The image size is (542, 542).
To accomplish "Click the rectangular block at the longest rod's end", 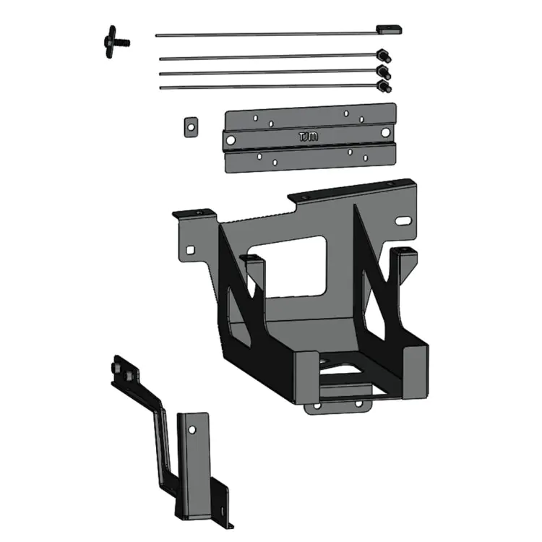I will tap(388, 30).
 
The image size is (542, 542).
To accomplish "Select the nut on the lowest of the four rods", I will tap(384, 86).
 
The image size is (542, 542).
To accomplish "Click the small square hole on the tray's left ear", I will tap(190, 250).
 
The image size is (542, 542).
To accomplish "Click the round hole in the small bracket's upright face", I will tap(192, 429).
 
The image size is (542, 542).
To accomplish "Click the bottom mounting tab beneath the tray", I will tap(338, 408).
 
